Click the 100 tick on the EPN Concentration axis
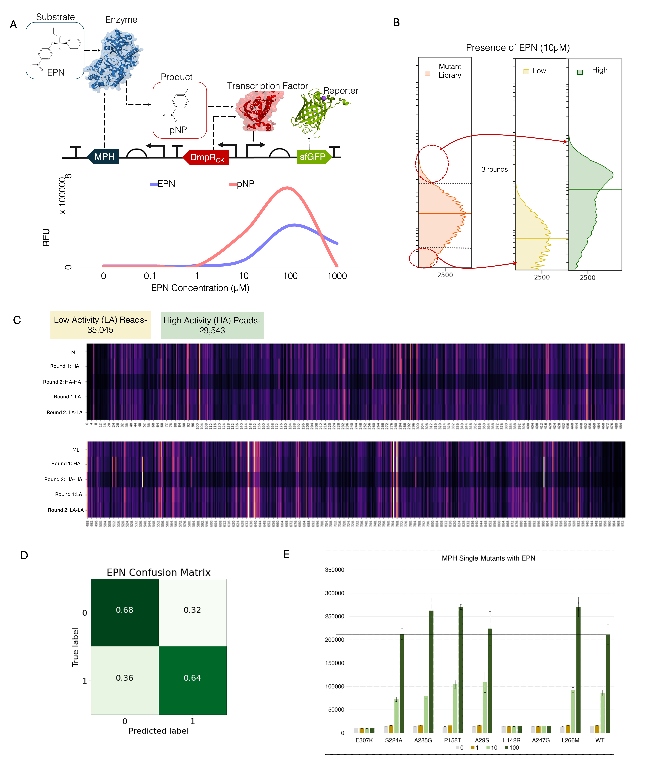coord(290,276)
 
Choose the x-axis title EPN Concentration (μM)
coord(200,288)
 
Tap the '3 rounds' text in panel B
coord(495,170)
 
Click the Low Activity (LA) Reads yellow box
coord(100,325)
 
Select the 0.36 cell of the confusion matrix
coord(125,678)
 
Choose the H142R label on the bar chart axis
coord(511,740)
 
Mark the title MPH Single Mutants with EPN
coord(488,558)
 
